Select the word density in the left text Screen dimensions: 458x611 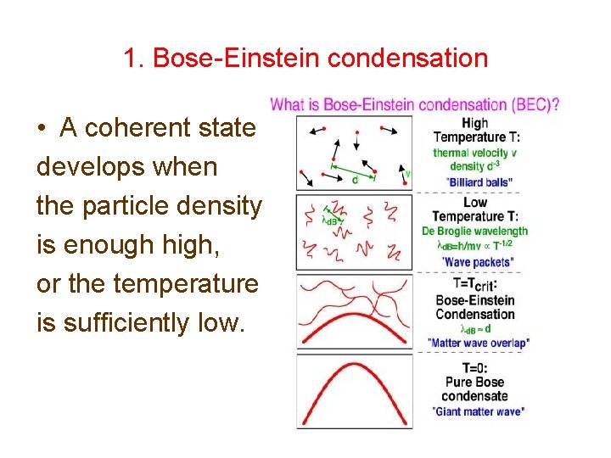[x=216, y=206]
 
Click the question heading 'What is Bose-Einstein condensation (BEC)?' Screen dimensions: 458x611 [x=414, y=106]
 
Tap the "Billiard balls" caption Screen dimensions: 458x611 [x=479, y=182]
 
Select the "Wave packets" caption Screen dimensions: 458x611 [x=479, y=262]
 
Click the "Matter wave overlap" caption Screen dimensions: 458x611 [x=479, y=343]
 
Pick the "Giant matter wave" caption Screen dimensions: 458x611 [x=479, y=411]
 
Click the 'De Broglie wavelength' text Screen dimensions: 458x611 [x=475, y=231]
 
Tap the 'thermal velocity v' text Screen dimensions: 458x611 [x=474, y=153]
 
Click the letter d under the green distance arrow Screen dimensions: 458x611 [x=354, y=180]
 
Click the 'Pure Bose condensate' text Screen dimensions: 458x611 [x=476, y=389]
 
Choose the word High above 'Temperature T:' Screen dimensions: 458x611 [x=475, y=124]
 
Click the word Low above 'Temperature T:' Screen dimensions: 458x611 [x=475, y=203]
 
